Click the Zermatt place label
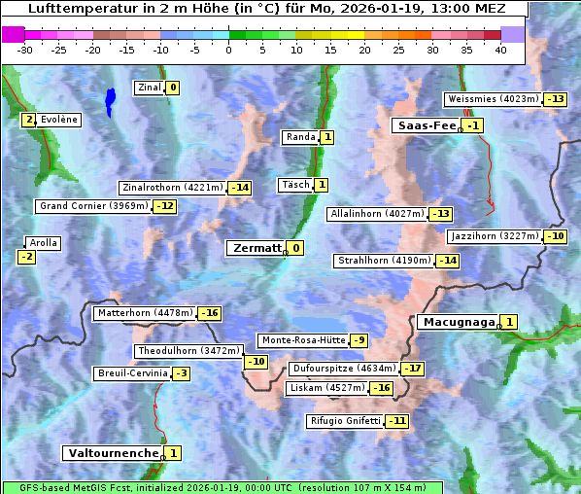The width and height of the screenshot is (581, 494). (x=256, y=248)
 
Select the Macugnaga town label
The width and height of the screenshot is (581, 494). (x=457, y=322)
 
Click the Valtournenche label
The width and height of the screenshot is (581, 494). (x=112, y=453)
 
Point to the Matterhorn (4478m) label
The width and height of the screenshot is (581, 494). (x=144, y=313)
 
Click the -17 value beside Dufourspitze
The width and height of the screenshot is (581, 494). (x=413, y=369)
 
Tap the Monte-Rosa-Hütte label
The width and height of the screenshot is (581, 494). (x=302, y=340)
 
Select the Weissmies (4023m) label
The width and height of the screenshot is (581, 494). (x=492, y=99)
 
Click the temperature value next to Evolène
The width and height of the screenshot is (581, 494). (x=29, y=120)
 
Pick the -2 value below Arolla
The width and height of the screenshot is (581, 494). (x=26, y=257)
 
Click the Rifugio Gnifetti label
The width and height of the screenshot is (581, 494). (x=344, y=421)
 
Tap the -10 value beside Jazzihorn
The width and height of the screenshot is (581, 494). (x=555, y=236)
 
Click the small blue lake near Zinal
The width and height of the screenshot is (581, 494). (x=110, y=99)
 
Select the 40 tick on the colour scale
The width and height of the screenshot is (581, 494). (x=500, y=50)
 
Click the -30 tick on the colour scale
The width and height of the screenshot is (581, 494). (x=25, y=50)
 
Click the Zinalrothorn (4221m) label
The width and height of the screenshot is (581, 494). (x=172, y=188)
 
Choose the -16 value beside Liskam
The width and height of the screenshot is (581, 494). (x=381, y=388)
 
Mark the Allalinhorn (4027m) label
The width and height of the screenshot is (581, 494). (x=377, y=213)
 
